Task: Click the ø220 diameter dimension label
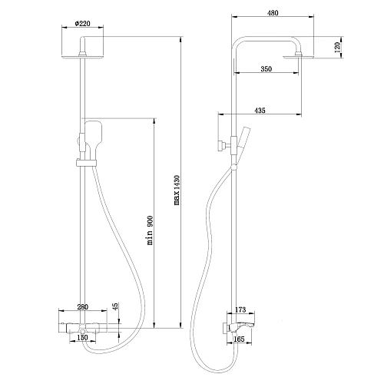click(82, 24)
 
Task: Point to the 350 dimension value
click(265, 69)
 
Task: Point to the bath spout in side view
click(252, 316)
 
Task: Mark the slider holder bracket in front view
click(84, 163)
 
